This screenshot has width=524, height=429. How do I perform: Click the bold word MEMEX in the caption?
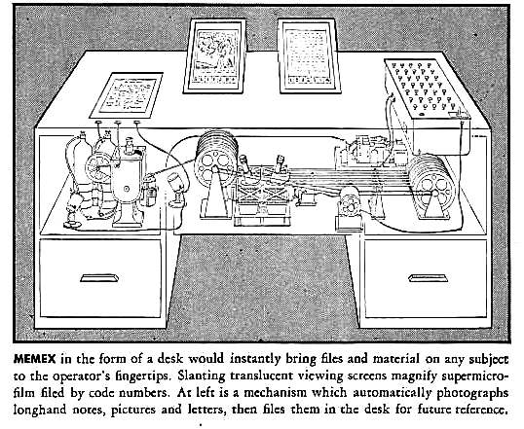coord(34,359)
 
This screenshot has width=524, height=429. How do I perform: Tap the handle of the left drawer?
coord(99,278)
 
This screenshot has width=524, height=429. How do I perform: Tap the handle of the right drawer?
coord(429,278)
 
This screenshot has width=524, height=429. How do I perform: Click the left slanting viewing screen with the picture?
coord(215,55)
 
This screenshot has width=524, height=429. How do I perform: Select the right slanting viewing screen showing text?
coord(309,56)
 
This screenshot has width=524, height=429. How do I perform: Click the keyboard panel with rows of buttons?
coord(427,89)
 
